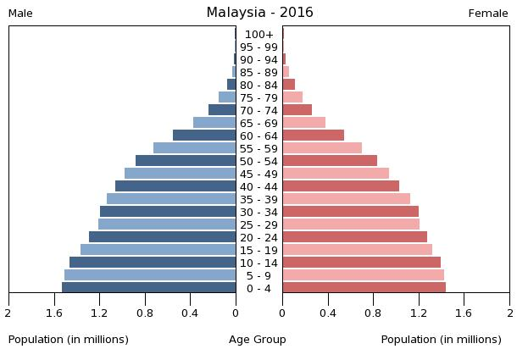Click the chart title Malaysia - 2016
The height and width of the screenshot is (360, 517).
pos(259,13)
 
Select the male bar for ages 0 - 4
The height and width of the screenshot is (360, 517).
pos(149,288)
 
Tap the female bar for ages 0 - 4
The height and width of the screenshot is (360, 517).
pos(364,288)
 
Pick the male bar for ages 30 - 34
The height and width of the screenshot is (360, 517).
pos(168,212)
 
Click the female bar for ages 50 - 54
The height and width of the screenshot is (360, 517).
pos(330,161)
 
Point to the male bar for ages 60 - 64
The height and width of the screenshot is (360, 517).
pos(204,136)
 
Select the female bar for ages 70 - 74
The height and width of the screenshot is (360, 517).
pos(297,110)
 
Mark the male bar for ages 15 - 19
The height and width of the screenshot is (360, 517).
pos(158,250)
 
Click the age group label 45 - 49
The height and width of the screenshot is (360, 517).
pos(258,174)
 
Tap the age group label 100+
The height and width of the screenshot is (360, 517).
pos(258,35)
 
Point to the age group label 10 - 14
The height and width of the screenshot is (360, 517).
pos(258,263)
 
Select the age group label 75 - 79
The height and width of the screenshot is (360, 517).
pos(258,97)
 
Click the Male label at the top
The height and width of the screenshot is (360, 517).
pos(20,14)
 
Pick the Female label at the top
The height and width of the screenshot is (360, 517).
pos(488,14)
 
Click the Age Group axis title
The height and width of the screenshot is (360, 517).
pos(258,340)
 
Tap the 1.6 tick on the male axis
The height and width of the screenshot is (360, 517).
pos(54,313)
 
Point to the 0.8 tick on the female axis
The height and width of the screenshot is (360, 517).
pos(373,313)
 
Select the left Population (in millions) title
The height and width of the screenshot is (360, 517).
pos(69,340)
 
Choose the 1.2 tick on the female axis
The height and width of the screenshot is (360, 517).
pos(419,313)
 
